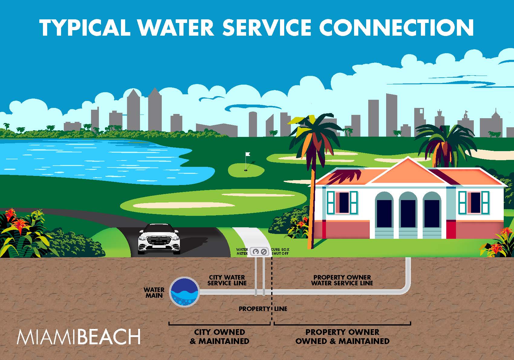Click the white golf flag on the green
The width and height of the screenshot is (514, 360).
248,154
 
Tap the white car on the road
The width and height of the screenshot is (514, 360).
159,239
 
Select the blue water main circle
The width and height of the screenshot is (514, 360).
184,292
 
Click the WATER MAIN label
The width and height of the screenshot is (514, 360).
154,293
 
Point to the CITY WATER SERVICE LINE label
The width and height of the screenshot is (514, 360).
227,280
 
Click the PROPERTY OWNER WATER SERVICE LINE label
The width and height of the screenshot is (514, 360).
342,280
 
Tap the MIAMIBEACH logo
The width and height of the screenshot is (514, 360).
79,337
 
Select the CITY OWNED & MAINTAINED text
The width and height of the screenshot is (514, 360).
220,336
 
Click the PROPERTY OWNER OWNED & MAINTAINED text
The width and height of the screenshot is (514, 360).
342,336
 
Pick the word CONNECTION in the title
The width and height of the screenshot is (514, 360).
396,28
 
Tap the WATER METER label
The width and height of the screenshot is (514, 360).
242,251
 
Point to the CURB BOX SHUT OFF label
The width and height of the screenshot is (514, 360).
280,251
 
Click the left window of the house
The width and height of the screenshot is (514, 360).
343,202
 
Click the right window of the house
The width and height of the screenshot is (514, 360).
474,202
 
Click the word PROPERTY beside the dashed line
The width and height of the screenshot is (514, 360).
254,309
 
